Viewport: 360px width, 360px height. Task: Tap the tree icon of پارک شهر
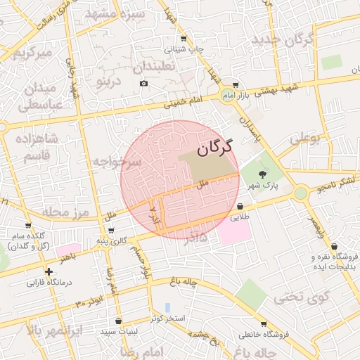pyautogui.click(x=263, y=174)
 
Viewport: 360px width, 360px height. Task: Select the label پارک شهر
pyautogui.click(x=262, y=186)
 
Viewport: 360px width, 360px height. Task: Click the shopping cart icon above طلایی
pyautogui.click(x=241, y=207)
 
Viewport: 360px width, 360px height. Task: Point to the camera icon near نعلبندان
pyautogui.click(x=144, y=84)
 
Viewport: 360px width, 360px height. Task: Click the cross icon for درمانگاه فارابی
pyautogui.click(x=49, y=271)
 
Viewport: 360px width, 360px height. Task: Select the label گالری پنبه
pyautogui.click(x=112, y=240)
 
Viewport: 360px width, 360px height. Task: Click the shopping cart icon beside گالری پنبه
pyautogui.click(x=111, y=230)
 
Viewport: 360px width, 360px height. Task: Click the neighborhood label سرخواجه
pyautogui.click(x=117, y=162)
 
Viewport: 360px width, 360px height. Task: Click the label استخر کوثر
pyautogui.click(x=167, y=319)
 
